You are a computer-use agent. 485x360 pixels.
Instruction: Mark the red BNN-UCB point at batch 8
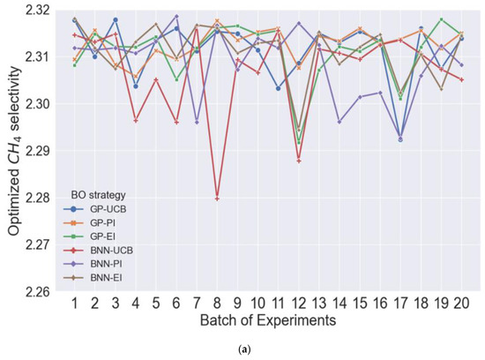click(217, 199)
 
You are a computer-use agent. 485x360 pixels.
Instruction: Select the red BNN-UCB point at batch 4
click(136, 120)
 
